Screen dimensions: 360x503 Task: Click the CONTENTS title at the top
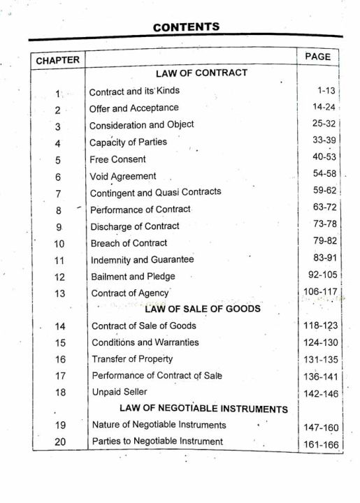186,27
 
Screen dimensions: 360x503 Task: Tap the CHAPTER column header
58,60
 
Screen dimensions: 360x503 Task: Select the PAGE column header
317,57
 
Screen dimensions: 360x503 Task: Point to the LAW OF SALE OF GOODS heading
203,309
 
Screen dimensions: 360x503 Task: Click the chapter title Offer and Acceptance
134,108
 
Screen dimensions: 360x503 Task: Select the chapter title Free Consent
117,159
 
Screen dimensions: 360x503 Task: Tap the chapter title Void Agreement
123,177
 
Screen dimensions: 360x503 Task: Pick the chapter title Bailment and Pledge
133,277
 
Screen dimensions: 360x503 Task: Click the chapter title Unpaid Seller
120,392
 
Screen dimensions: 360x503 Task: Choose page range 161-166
320,444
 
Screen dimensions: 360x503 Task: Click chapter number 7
59,194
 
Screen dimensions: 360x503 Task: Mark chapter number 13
59,293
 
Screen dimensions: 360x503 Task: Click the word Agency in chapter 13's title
153,293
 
